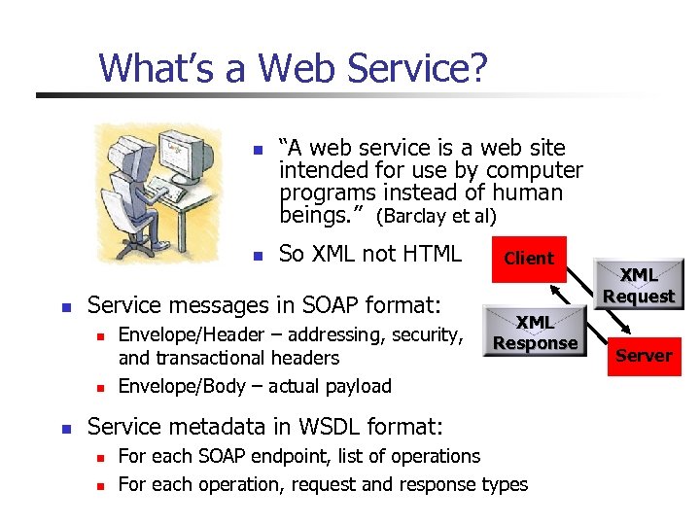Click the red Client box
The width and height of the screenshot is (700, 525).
[528, 258]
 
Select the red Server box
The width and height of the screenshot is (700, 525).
[644, 356]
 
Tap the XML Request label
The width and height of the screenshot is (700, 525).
[639, 286]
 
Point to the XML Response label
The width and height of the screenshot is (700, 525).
[535, 332]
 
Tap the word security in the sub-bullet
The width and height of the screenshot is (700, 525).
[426, 335]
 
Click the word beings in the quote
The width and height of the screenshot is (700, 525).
[313, 214]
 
